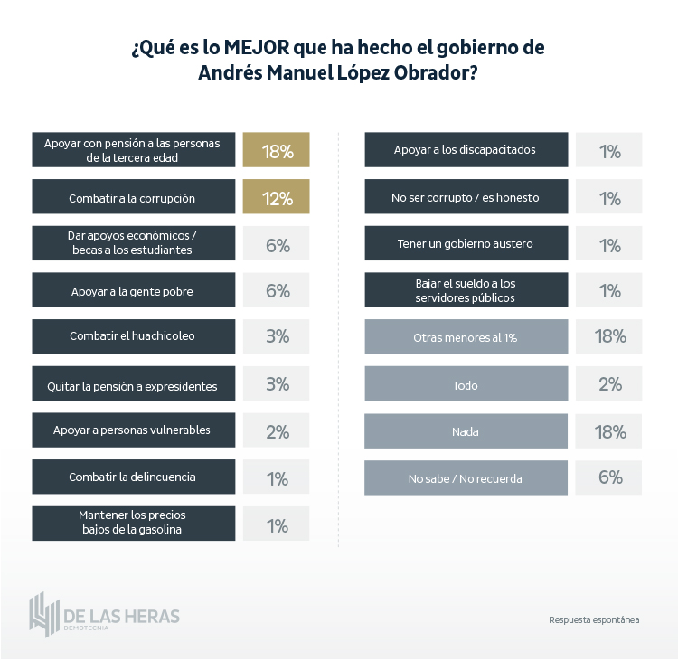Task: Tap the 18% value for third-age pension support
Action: click(x=277, y=150)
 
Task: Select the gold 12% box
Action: click(x=277, y=197)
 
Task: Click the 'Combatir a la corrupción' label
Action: click(x=132, y=197)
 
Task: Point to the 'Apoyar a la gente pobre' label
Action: click(x=132, y=291)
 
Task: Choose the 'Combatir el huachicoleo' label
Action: click(x=132, y=336)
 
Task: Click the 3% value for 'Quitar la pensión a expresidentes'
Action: click(x=277, y=384)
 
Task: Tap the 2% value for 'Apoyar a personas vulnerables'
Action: click(x=277, y=431)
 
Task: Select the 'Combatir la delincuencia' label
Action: click(x=132, y=477)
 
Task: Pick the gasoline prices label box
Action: click(x=132, y=524)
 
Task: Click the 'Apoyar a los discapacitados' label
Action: click(x=466, y=150)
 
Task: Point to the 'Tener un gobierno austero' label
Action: click(x=466, y=243)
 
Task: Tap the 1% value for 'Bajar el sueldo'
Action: click(x=609, y=290)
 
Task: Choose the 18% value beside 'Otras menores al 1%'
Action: click(x=609, y=336)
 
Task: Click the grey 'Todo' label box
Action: click(x=466, y=384)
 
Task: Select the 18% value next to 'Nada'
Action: click(x=609, y=431)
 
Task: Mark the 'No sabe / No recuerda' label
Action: click(x=466, y=477)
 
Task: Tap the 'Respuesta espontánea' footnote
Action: click(x=594, y=619)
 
